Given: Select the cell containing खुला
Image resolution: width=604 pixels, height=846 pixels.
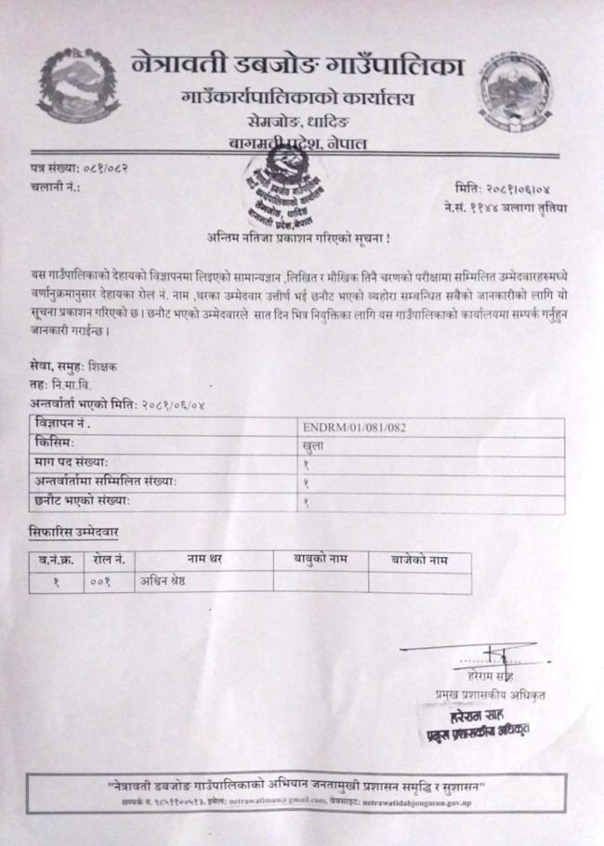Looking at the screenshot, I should click(x=316, y=446).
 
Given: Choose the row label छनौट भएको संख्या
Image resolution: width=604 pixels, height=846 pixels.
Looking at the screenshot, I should click(x=80, y=502).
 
